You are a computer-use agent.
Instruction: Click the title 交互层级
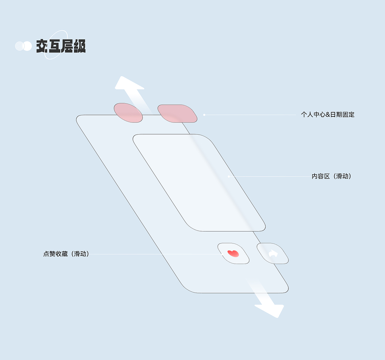[x=61, y=46]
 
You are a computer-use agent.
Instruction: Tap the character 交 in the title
[x=42, y=46]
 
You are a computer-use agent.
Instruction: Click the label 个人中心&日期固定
[x=328, y=115]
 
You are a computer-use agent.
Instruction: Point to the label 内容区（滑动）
[x=331, y=176]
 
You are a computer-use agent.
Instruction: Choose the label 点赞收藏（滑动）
[x=66, y=254]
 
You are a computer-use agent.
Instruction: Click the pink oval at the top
[x=128, y=113]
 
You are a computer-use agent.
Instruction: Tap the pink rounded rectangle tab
[x=177, y=113]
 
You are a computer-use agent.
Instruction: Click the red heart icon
[x=233, y=253]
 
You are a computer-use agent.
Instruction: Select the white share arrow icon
[x=273, y=253]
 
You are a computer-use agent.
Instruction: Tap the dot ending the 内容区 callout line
[x=229, y=176]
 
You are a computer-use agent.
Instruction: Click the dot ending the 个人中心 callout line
[x=204, y=115]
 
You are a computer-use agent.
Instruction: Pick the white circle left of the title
[x=27, y=46]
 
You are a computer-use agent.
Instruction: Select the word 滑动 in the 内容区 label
[x=342, y=176]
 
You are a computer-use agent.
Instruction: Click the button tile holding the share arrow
[x=273, y=253]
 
